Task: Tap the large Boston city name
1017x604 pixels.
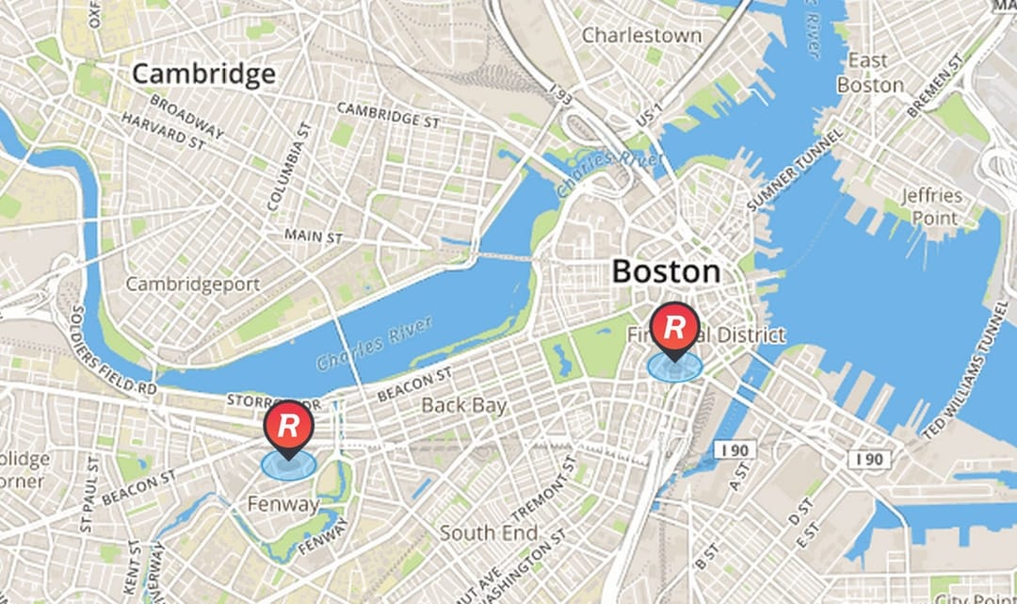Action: [x=666, y=272]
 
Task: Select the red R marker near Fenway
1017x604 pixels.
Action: [x=288, y=425]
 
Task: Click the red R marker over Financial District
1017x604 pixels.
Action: [x=674, y=328]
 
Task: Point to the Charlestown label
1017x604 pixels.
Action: [x=641, y=36]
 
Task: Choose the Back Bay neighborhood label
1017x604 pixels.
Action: [x=463, y=406]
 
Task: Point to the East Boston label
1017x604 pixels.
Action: [x=869, y=73]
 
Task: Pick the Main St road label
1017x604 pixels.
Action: [x=315, y=236]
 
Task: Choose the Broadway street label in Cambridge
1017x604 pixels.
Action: [x=186, y=116]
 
